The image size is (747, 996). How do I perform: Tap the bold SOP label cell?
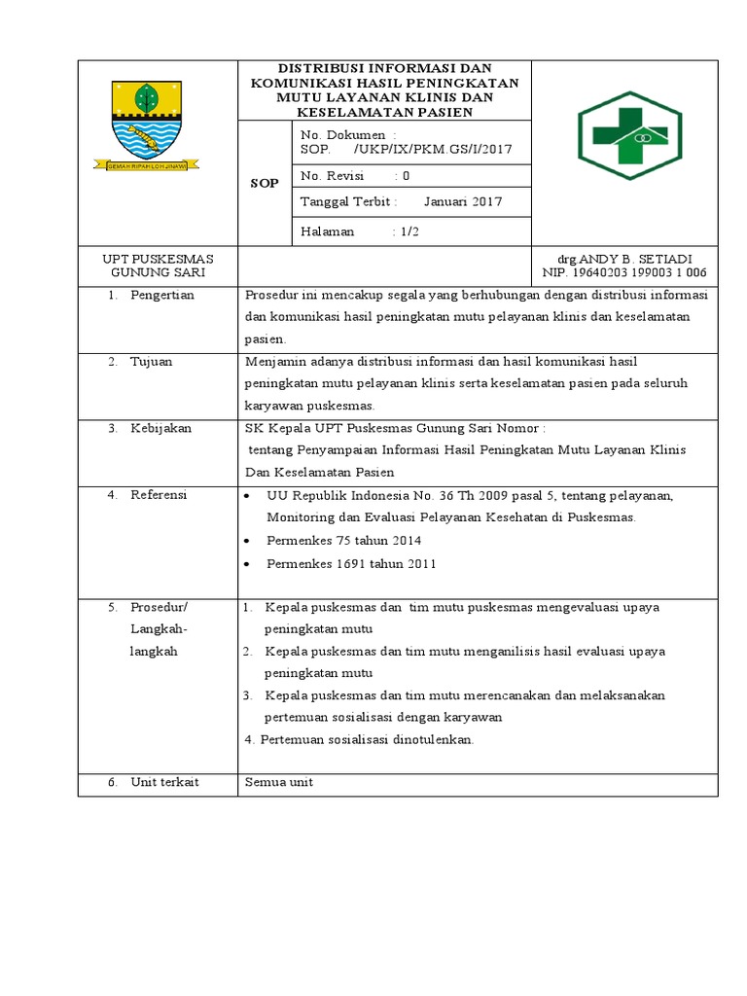[x=264, y=183]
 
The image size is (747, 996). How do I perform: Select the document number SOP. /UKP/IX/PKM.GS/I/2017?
[x=406, y=150]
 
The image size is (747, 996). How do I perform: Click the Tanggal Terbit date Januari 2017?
[x=463, y=201]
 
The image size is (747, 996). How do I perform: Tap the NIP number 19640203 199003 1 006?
[x=646, y=273]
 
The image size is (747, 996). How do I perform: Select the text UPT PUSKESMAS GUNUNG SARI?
[x=158, y=266]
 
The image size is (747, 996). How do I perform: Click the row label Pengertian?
[x=162, y=295]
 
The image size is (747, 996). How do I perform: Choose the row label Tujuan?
[x=152, y=361]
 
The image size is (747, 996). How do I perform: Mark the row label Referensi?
[x=160, y=495]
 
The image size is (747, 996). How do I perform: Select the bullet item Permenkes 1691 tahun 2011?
[x=351, y=563]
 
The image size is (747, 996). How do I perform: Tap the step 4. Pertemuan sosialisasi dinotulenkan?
[x=359, y=739]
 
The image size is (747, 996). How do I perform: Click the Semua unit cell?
[x=279, y=782]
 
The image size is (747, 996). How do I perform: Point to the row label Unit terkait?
[x=164, y=782]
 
